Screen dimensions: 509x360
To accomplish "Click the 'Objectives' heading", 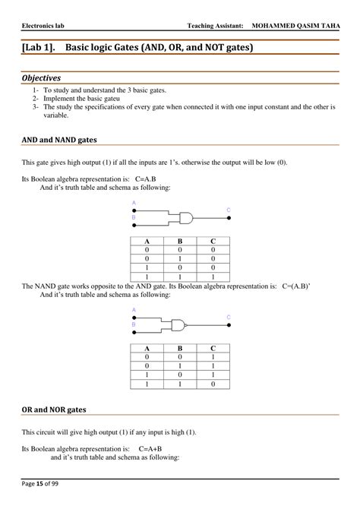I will (41, 77).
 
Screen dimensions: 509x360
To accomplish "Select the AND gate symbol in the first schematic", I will (185, 217).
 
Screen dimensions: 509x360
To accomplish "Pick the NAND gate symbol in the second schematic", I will (179, 324).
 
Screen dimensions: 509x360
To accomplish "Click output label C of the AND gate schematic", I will (229, 209).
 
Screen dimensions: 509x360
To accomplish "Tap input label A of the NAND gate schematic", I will (134, 310).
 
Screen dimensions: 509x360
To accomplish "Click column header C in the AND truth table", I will (213, 241).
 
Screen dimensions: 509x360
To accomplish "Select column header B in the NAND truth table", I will (179, 348).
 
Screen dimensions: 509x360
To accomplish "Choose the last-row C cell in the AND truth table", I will (213, 276).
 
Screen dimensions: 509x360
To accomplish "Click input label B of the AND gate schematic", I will (134, 217).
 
